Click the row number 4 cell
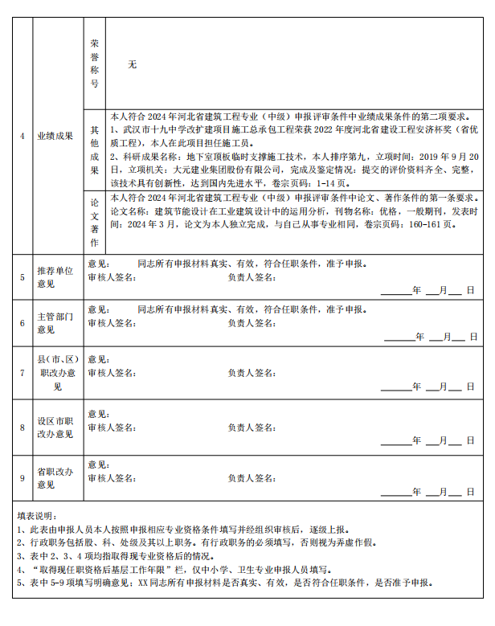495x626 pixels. (x=22, y=136)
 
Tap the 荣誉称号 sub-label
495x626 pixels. (x=95, y=63)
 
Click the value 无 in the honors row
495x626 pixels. (x=132, y=64)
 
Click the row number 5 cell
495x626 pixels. (x=22, y=277)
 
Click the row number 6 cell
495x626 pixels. (x=22, y=323)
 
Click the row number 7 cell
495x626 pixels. (x=22, y=373)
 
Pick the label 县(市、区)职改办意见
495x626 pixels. (x=57, y=373)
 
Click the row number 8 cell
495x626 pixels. (x=22, y=428)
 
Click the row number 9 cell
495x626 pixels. (x=22, y=479)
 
